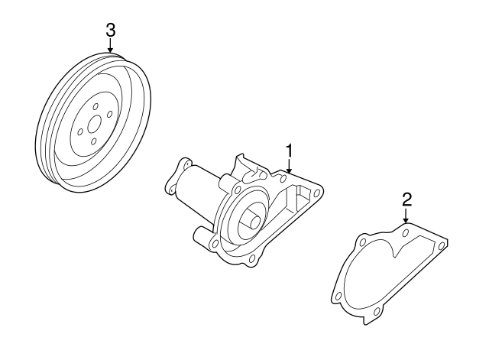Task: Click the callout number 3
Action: [x=111, y=31]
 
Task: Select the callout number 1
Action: [x=290, y=148]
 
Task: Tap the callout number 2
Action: [x=406, y=199]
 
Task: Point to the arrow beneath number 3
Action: [x=111, y=47]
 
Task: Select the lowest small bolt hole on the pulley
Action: [x=93, y=141]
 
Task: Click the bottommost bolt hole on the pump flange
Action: [x=252, y=267]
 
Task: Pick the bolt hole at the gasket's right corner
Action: [x=441, y=245]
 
